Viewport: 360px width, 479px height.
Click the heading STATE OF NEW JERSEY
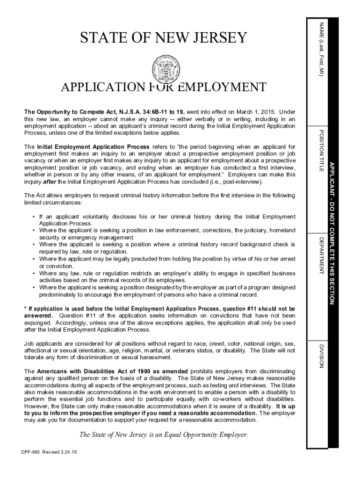(x=163, y=37)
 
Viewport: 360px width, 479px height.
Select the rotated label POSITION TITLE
(x=321, y=149)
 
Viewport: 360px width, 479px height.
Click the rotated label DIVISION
(x=321, y=356)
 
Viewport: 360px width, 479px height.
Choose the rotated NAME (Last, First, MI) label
(x=321, y=49)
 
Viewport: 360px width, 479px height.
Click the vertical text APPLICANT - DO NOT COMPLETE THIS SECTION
(x=332, y=232)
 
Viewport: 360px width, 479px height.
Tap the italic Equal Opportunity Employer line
(x=163, y=435)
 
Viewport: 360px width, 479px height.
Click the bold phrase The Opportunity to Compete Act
(x=67, y=112)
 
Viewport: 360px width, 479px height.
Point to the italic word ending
(x=147, y=167)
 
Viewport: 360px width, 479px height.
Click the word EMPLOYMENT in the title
(x=216, y=87)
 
